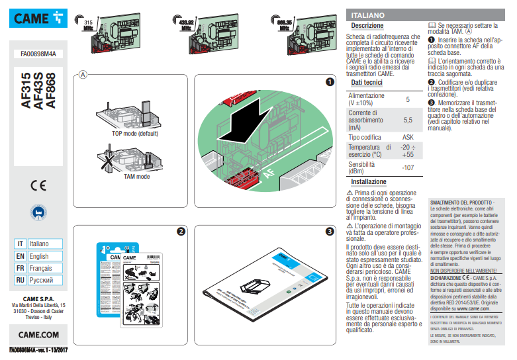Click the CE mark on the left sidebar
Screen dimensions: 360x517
click(38, 185)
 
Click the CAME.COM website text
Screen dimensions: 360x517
click(38, 335)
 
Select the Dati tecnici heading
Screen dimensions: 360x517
click(366, 83)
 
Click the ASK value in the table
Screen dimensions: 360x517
click(408, 136)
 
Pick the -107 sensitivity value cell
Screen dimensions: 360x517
click(408, 167)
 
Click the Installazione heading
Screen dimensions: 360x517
click(369, 181)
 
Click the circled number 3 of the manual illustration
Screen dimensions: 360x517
click(329, 232)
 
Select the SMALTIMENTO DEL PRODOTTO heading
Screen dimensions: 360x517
click(461, 202)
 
